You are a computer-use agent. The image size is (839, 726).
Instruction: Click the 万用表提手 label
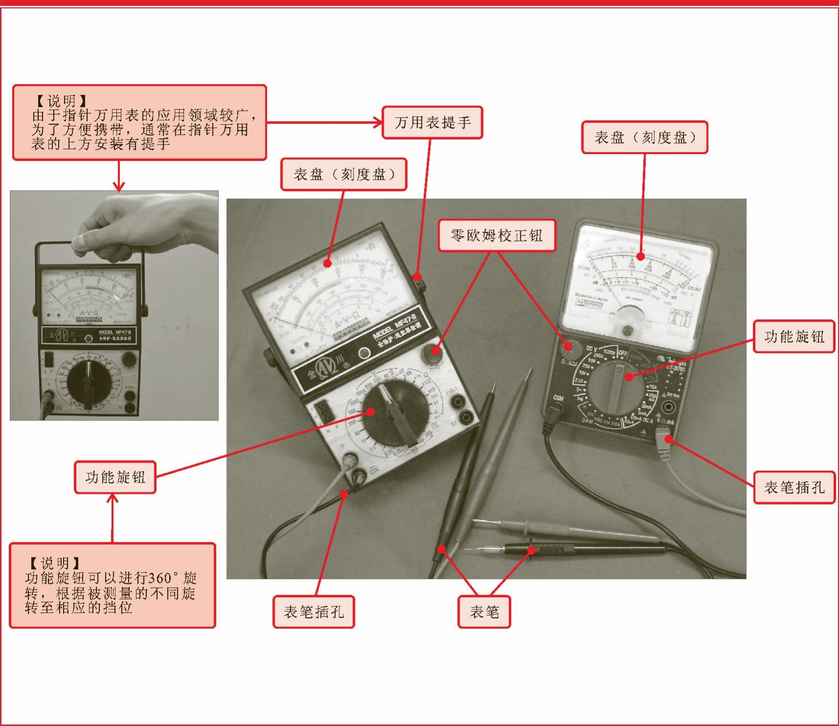click(432, 123)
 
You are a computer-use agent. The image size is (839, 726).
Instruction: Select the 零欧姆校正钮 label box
click(497, 236)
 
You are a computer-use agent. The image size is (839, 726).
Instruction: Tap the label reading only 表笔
click(484, 612)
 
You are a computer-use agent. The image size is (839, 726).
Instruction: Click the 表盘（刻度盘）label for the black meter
click(644, 137)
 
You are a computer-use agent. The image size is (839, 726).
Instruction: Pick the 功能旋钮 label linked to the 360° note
click(115, 477)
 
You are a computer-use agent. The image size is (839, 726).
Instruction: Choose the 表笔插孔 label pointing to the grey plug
click(794, 487)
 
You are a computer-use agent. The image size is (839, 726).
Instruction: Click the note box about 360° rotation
click(112, 585)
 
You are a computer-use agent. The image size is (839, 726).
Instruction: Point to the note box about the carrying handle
click(139, 122)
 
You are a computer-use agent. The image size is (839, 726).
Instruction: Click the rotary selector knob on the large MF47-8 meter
click(394, 414)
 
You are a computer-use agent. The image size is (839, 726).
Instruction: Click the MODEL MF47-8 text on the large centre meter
click(394, 328)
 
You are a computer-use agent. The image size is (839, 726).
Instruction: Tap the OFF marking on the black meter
click(623, 352)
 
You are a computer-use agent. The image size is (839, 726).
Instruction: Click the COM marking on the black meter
click(558, 398)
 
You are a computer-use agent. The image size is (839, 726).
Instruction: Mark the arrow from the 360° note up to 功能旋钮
click(112, 518)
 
